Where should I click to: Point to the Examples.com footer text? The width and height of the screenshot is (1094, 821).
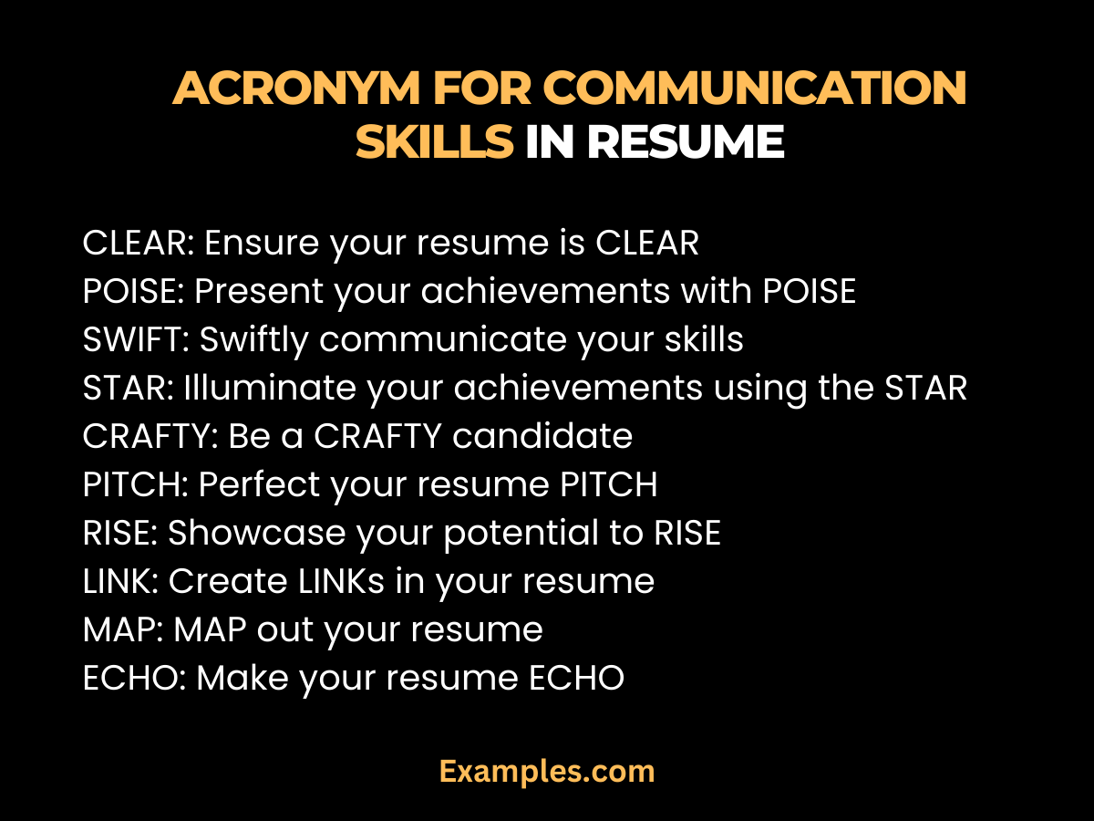(547, 772)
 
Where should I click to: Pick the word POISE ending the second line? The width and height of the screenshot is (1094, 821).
(802, 292)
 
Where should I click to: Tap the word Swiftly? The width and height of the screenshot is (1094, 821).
(253, 340)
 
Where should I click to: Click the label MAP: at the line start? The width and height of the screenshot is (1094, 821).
(120, 630)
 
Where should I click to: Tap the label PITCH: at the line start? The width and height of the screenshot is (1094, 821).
(135, 485)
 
